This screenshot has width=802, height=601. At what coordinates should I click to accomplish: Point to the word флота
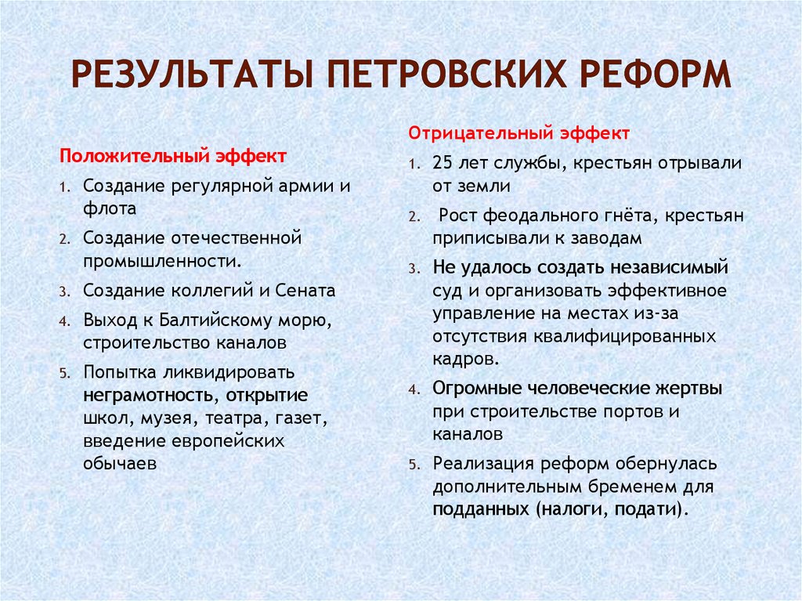click(110, 209)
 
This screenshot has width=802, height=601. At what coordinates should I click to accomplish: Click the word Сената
click(305, 291)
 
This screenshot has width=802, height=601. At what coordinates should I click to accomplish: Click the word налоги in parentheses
click(576, 509)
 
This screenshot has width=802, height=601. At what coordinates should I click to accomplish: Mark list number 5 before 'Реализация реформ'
click(414, 465)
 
